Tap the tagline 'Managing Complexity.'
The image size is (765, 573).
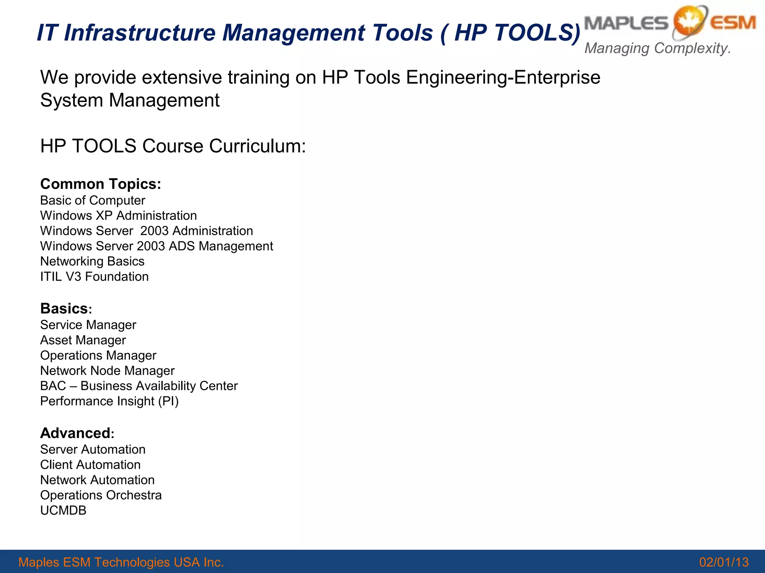(x=657, y=48)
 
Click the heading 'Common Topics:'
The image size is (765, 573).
(x=100, y=184)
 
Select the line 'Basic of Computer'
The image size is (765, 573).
(x=92, y=201)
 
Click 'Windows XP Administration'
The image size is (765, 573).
(x=118, y=216)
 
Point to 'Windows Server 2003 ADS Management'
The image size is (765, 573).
(x=157, y=247)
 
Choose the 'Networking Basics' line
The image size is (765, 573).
(x=92, y=262)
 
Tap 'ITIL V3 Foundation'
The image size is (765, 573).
(x=94, y=277)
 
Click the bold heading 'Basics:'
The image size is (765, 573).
(x=66, y=309)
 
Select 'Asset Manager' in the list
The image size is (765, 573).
(x=83, y=341)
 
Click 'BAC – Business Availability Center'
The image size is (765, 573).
(x=139, y=386)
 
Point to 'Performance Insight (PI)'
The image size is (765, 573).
(x=109, y=401)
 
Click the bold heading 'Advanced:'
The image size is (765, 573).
(x=77, y=433)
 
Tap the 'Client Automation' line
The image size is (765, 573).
(x=90, y=465)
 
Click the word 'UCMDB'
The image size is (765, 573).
(x=63, y=511)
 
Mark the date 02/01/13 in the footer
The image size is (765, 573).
(x=724, y=562)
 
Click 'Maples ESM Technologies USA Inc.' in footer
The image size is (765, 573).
(x=121, y=562)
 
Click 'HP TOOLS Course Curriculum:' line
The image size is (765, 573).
(x=173, y=146)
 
